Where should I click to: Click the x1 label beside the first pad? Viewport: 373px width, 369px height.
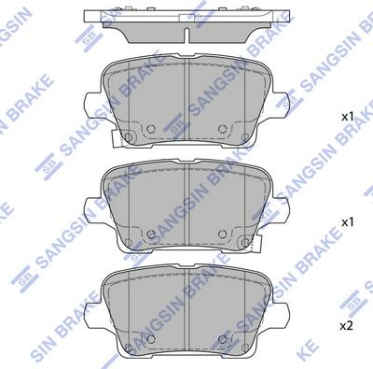coord(348,118)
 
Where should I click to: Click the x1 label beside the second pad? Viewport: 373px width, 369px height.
coord(348,222)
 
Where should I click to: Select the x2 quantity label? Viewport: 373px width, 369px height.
coord(347,326)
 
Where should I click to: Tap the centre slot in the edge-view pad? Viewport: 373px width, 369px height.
coord(186,35)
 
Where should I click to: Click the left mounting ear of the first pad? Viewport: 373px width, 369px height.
coord(92,105)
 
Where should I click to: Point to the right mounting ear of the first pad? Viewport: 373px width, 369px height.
coord(281,105)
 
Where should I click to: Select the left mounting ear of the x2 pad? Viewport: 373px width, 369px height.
coord(92,315)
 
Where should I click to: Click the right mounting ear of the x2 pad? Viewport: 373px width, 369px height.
coord(281,315)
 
